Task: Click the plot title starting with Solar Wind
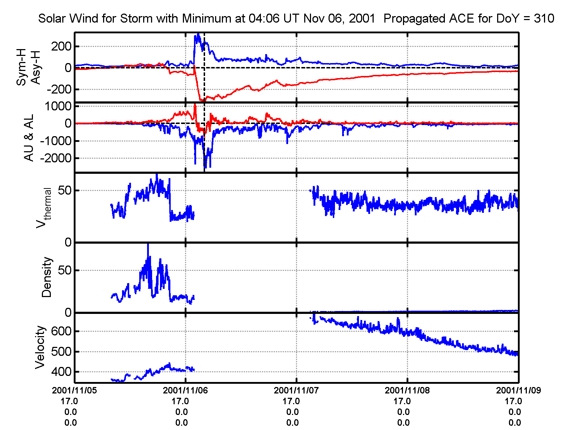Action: point(296,18)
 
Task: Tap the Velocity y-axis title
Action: point(40,347)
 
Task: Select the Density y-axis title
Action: point(47,277)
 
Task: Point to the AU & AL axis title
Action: point(29,138)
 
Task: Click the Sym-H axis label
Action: point(22,67)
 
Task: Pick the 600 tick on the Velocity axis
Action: point(61,331)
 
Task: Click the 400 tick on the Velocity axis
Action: point(61,372)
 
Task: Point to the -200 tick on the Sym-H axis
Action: point(59,89)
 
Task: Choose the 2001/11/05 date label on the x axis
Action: point(74,391)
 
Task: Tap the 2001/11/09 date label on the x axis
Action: point(518,391)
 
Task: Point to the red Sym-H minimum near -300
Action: point(203,101)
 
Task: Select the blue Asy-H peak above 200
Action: point(198,35)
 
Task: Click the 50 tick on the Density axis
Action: point(65,270)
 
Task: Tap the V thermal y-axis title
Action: point(44,208)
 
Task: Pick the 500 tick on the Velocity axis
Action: point(61,352)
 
